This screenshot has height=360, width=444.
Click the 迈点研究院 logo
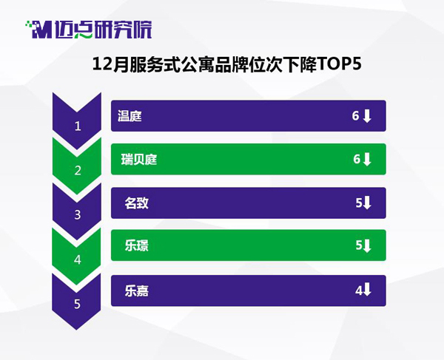[89, 30]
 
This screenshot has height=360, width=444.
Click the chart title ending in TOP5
[227, 65]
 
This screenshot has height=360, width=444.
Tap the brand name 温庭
[129, 116]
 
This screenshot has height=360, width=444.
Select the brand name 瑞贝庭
[139, 160]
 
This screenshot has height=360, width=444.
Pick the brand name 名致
[136, 203]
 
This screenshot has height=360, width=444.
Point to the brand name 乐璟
[136, 245]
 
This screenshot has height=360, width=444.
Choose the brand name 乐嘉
[136, 291]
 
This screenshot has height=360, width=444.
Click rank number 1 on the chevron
[78, 126]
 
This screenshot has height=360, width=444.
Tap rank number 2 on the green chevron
[78, 171]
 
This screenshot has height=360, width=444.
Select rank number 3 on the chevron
[78, 215]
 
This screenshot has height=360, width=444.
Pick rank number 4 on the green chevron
[78, 259]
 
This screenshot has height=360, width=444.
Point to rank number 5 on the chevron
[77, 304]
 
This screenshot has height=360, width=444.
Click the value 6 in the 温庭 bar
[356, 115]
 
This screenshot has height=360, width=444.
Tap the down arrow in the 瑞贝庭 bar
[367, 160]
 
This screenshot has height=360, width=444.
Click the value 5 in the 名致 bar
[359, 203]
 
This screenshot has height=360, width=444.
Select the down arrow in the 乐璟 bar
[367, 245]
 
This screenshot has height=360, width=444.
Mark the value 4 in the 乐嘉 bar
[359, 291]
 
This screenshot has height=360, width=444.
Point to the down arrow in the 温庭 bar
[367, 116]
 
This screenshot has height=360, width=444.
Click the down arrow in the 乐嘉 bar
[367, 289]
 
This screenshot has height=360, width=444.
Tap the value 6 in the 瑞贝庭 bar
[357, 159]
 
